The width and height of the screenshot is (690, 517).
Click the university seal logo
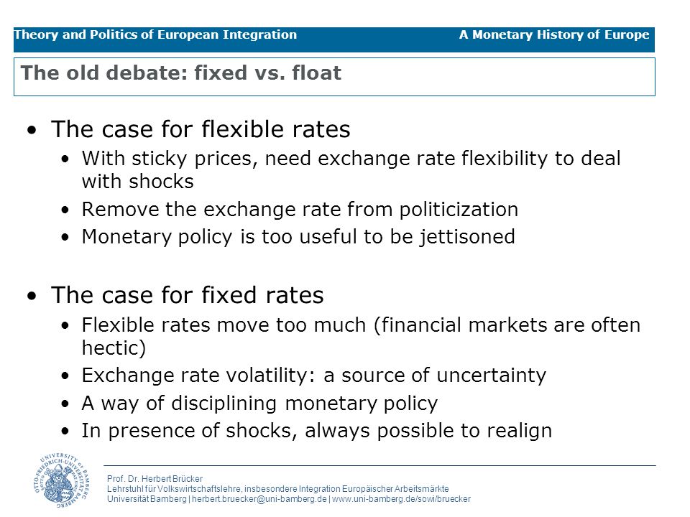click(x=61, y=480)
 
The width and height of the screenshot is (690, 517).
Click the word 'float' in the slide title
click(x=316, y=73)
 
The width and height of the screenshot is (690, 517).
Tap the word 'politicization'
click(x=459, y=210)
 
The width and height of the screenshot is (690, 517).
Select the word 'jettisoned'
click(x=466, y=237)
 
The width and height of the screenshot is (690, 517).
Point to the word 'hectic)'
click(x=114, y=348)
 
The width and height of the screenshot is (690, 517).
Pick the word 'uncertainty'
click(x=491, y=376)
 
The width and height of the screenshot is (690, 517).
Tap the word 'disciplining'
click(x=224, y=403)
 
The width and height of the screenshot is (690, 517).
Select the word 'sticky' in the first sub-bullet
click(x=160, y=159)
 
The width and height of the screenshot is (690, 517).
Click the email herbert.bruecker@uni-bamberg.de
click(x=259, y=499)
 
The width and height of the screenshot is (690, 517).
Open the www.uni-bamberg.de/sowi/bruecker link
click(x=401, y=499)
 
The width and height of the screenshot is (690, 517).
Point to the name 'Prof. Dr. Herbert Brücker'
click(x=155, y=479)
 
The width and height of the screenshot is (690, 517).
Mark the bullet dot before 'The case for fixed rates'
click(x=32, y=296)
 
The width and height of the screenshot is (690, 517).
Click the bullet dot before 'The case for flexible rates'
click(x=32, y=130)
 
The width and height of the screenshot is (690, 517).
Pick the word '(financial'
click(x=417, y=325)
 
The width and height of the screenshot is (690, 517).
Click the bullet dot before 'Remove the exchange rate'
click(x=65, y=210)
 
